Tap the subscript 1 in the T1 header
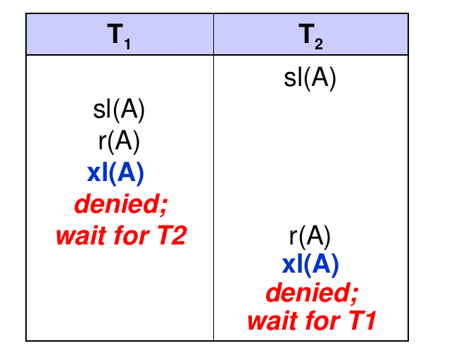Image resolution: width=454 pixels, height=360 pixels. (x=127, y=44)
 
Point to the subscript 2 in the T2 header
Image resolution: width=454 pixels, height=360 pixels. (x=319, y=44)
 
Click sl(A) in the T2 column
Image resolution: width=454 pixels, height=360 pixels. (x=310, y=77)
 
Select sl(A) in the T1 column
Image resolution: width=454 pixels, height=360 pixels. (x=119, y=109)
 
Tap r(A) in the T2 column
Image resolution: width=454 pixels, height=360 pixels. (x=310, y=236)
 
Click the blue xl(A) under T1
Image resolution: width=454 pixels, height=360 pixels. (x=115, y=173)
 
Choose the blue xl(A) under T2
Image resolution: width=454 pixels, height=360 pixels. (x=310, y=264)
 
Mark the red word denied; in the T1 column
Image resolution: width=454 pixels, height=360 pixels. (x=121, y=204)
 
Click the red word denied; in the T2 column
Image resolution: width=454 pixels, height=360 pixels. (x=313, y=292)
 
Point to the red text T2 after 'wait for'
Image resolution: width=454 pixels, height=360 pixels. (x=172, y=235)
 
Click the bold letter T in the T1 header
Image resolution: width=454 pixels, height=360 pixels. (x=115, y=33)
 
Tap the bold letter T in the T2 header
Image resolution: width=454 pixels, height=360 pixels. (x=306, y=33)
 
